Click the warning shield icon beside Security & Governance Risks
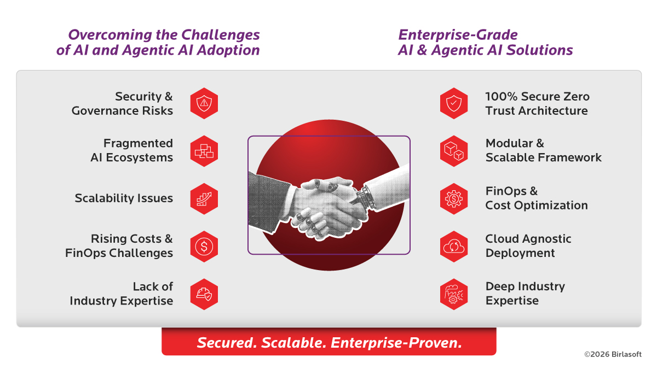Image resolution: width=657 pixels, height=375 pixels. pyautogui.click(x=204, y=103)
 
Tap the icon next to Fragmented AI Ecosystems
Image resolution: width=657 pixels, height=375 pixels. pyautogui.click(x=204, y=151)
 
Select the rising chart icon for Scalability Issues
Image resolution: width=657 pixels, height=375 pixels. pyautogui.click(x=204, y=198)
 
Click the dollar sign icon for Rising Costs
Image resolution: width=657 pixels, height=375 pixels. pyautogui.click(x=204, y=247)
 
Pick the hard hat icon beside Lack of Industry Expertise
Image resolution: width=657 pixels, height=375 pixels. pyautogui.click(x=204, y=294)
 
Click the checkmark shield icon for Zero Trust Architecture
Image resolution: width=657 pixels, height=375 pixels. pyautogui.click(x=454, y=103)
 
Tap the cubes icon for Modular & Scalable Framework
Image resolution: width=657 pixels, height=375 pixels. pyautogui.click(x=454, y=151)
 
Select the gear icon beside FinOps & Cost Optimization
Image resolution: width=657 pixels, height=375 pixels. pyautogui.click(x=454, y=198)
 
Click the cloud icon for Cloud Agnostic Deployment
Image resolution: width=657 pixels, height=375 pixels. pyautogui.click(x=454, y=247)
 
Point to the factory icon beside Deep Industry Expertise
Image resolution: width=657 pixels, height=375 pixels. pyautogui.click(x=454, y=294)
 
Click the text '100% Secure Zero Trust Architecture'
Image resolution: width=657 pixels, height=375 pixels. pyautogui.click(x=537, y=103)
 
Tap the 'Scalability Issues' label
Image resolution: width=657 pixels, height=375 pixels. pyautogui.click(x=124, y=198)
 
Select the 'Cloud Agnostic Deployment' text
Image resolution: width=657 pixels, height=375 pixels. pyautogui.click(x=528, y=246)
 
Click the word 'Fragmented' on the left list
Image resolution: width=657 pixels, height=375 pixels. pyautogui.click(x=138, y=143)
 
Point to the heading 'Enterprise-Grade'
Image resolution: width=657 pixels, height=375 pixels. pyautogui.click(x=458, y=35)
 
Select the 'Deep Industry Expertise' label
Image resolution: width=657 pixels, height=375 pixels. pyautogui.click(x=525, y=294)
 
